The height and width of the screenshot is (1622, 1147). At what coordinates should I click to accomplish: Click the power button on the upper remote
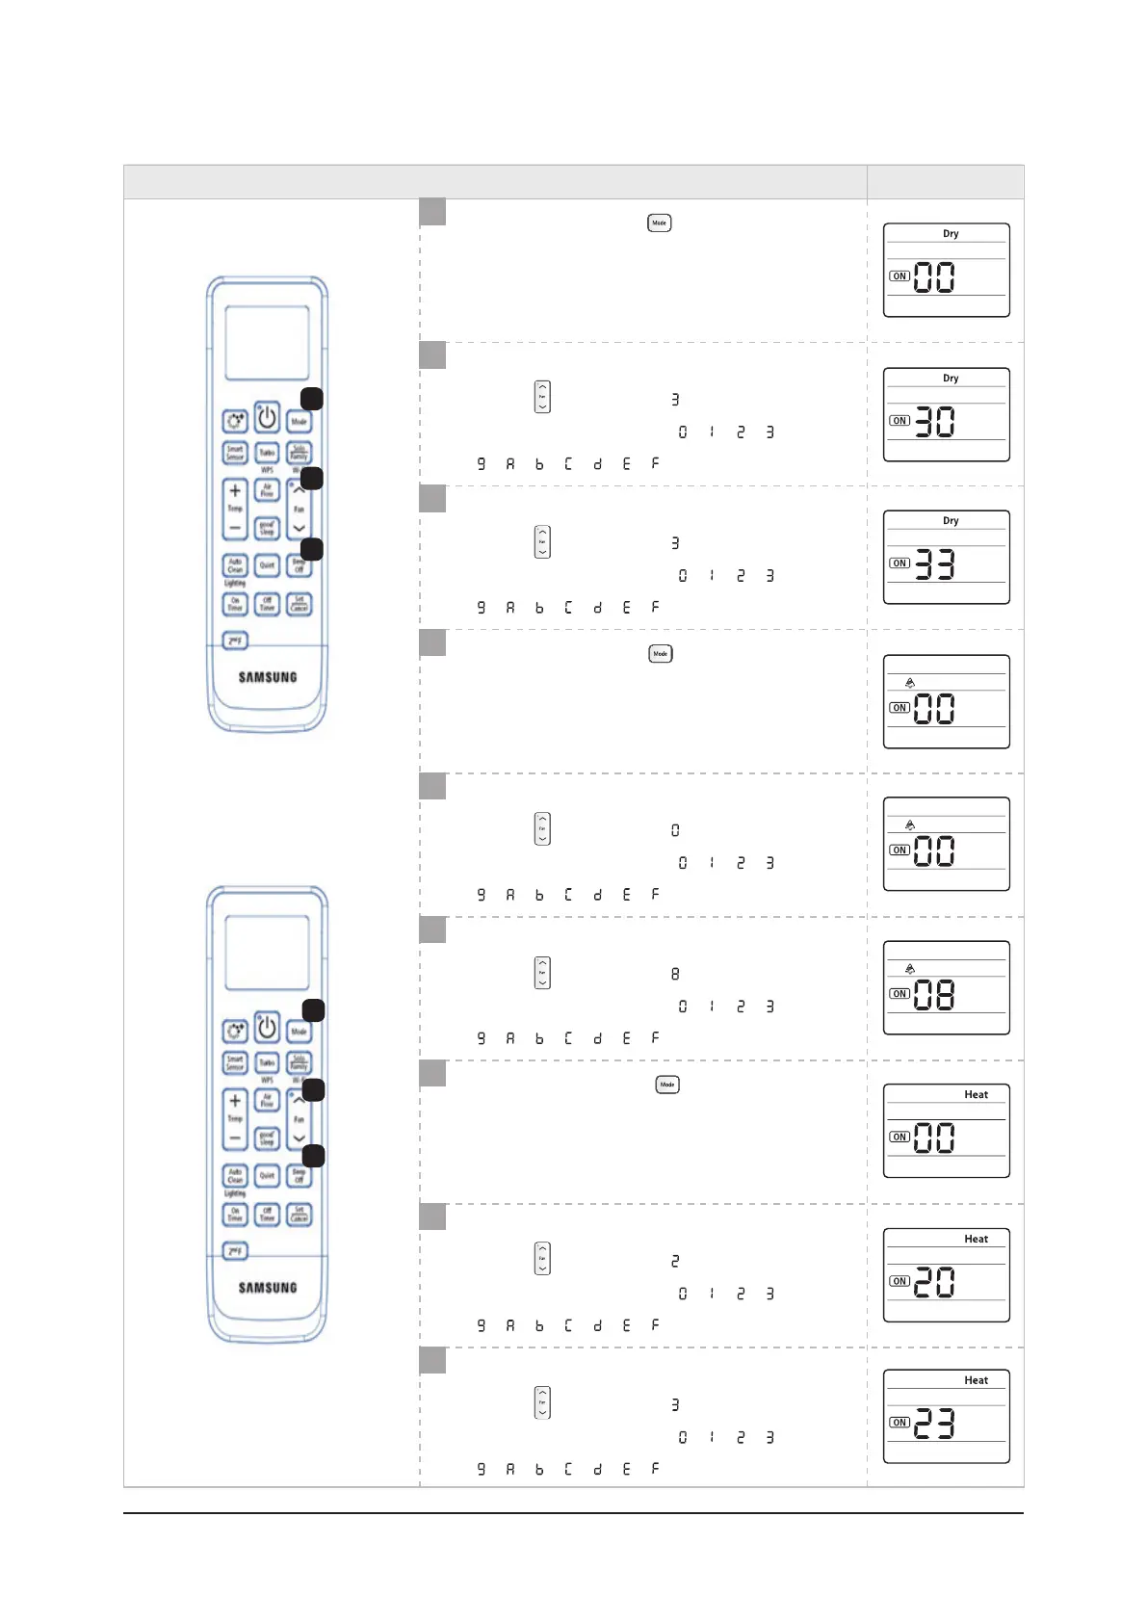267,418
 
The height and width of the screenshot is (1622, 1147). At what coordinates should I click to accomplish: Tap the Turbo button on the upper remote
267,452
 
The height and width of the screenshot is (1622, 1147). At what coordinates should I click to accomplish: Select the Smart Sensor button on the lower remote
235,1062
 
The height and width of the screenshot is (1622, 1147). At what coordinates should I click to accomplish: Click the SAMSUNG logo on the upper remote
268,677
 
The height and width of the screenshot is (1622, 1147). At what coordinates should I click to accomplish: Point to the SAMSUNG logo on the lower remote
268,1288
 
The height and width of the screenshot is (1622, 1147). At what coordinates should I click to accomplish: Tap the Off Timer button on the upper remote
267,604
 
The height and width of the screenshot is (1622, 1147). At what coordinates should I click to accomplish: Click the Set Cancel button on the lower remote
300,1215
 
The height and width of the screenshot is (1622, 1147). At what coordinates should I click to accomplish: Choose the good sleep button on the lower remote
267,1138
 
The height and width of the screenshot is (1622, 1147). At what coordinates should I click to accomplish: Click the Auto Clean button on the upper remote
235,565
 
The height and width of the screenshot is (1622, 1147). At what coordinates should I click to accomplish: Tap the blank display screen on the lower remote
267,953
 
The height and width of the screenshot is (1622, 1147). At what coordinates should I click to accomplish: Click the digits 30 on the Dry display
934,422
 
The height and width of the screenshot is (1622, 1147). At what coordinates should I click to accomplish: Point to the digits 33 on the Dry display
934,564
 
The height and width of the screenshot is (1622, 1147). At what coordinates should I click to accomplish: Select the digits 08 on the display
934,995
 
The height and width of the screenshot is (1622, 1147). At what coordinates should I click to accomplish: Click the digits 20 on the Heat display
934,1282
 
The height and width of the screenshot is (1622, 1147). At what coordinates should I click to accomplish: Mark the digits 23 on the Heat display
934,1424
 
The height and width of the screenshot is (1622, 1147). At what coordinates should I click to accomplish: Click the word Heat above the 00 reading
976,1095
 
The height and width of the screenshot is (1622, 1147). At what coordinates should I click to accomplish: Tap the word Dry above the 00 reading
951,234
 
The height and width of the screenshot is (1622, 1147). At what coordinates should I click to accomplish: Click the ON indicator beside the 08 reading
899,994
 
